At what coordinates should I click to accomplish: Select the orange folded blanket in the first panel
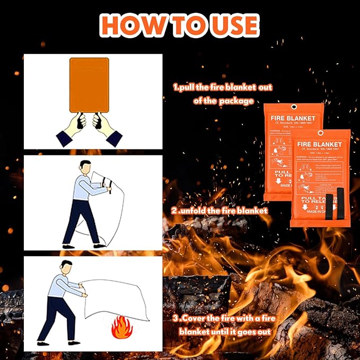(x=89, y=84)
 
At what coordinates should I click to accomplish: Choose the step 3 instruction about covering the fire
(x=223, y=325)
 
